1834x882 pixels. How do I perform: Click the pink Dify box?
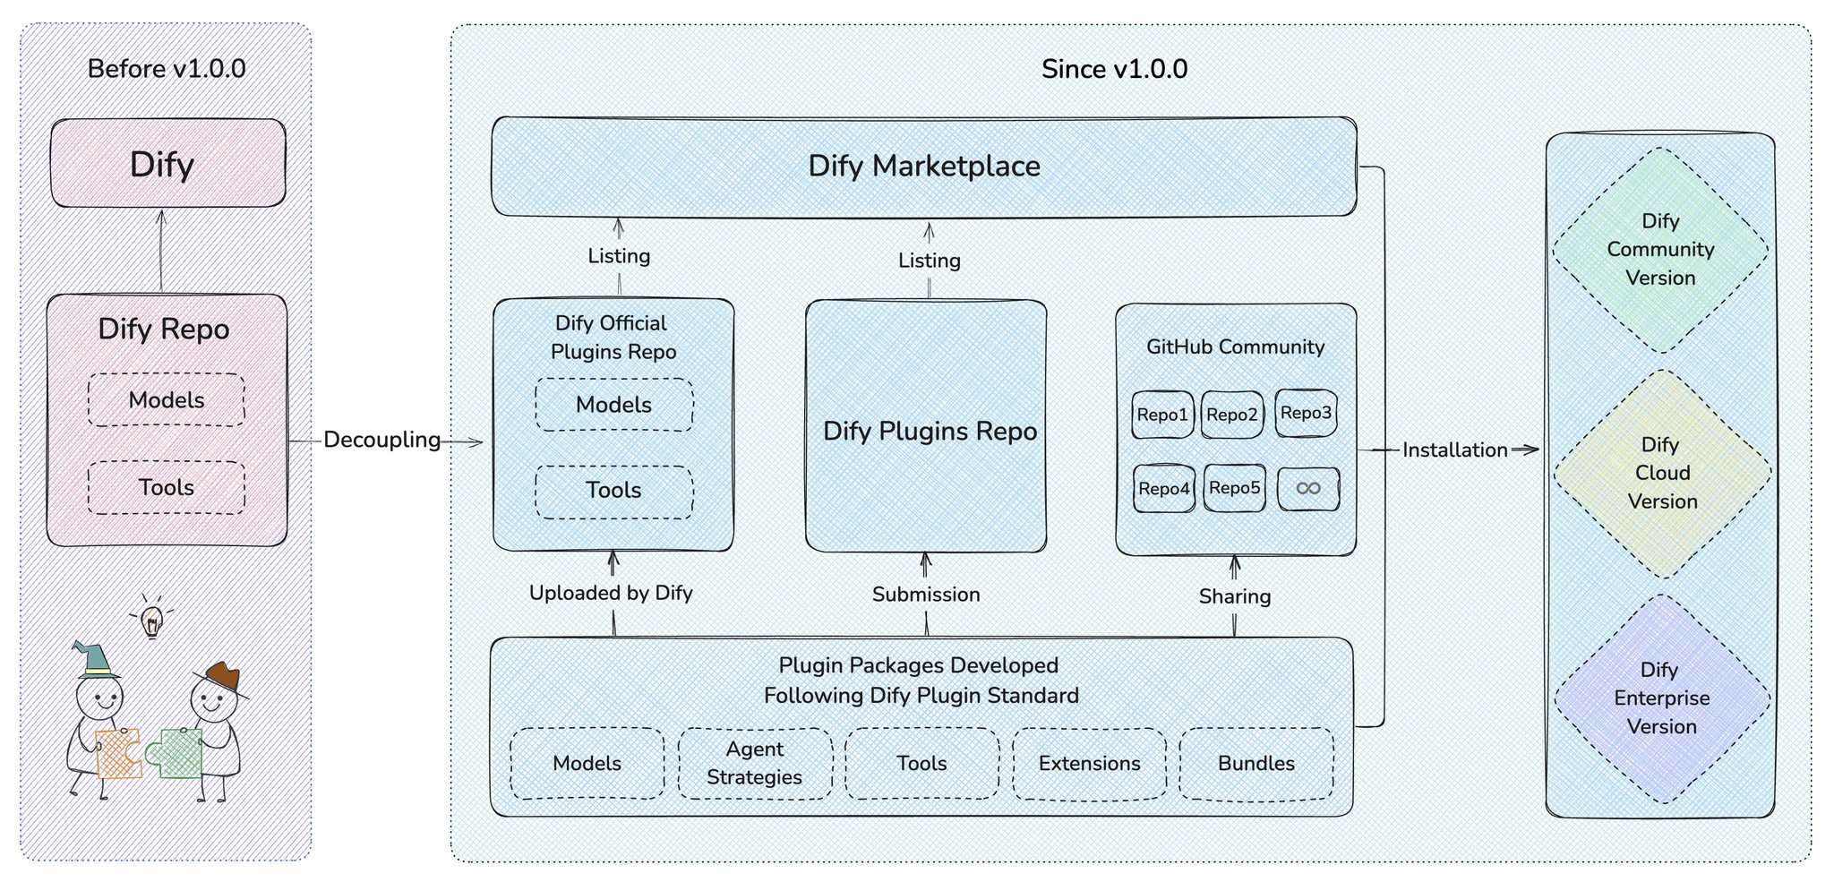(167, 164)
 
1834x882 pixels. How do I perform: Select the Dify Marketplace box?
(923, 167)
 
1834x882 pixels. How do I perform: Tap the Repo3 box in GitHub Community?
(1306, 413)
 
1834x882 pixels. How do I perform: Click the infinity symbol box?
(1308, 489)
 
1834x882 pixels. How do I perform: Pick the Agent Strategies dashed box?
(755, 763)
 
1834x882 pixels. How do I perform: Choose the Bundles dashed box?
(1256, 764)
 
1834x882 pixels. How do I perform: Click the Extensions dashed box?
(1089, 764)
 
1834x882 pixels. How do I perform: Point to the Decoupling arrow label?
(381, 440)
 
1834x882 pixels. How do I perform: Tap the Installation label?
(1454, 450)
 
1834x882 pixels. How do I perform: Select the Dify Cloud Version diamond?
(1662, 473)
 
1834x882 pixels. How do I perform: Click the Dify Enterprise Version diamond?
(1662, 698)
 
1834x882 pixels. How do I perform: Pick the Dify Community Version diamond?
(1660, 250)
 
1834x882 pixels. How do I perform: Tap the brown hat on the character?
(222, 677)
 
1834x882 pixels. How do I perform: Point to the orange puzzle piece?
(118, 753)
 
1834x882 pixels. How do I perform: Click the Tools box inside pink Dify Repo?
(167, 488)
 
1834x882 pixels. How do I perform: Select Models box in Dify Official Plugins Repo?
(613, 405)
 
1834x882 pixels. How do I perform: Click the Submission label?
(926, 595)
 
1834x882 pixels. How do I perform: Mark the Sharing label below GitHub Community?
(1234, 596)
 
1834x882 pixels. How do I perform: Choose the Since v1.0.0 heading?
(1114, 69)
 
